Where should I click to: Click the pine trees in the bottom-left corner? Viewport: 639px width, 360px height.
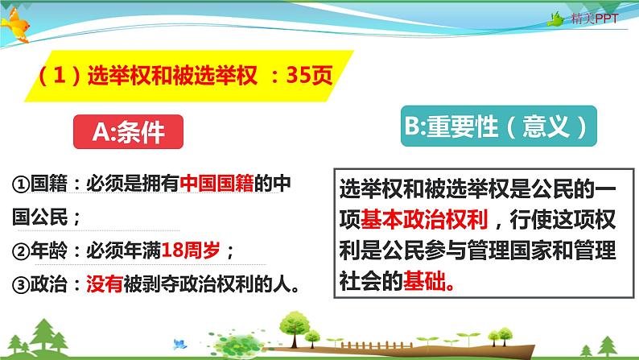pos(32,332)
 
